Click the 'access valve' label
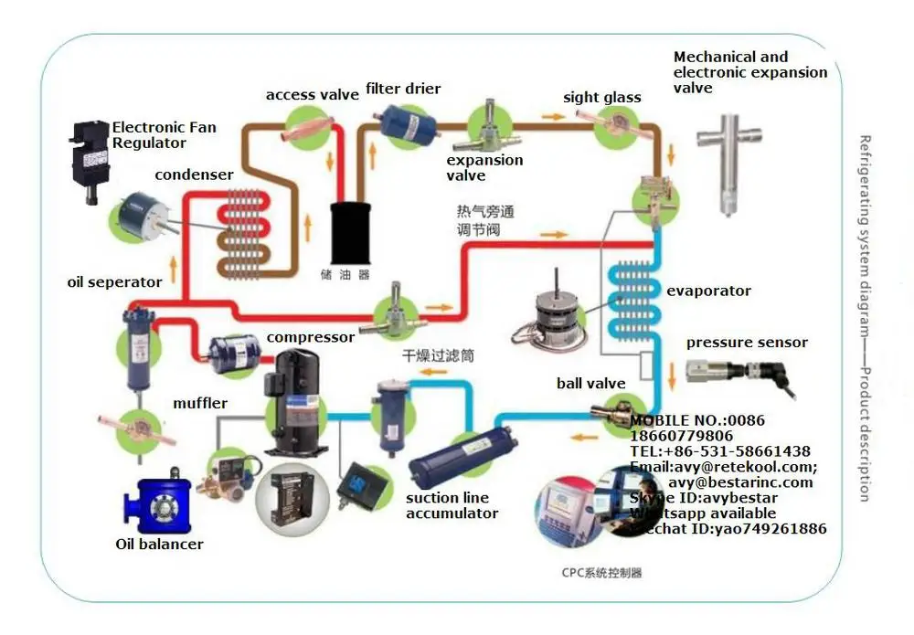(x=312, y=95)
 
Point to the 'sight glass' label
(x=601, y=98)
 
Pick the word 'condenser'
(x=194, y=175)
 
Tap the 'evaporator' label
(x=708, y=291)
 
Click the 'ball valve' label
(x=590, y=384)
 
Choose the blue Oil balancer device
(x=158, y=506)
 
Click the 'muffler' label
(x=200, y=403)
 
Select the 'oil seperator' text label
(x=114, y=282)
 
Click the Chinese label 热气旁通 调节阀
(x=485, y=221)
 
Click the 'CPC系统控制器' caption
(x=601, y=573)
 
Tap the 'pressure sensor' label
(x=747, y=343)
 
